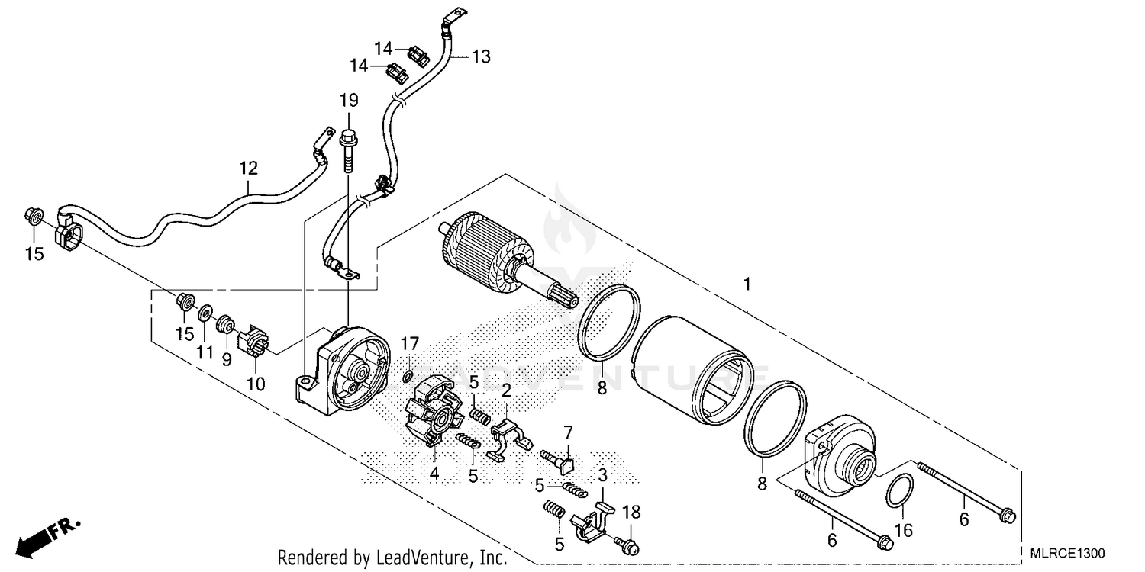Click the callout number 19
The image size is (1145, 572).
[x=348, y=100]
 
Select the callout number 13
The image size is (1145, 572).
[x=480, y=56]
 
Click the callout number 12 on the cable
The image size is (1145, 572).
[x=248, y=168]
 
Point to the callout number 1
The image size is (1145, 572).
[x=747, y=284]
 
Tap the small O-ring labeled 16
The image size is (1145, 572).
[x=900, y=490]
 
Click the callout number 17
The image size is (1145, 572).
[x=411, y=343]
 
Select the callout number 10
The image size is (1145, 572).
[x=256, y=384]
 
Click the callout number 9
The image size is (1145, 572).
[x=227, y=359]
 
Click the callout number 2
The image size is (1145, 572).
[x=505, y=391]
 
